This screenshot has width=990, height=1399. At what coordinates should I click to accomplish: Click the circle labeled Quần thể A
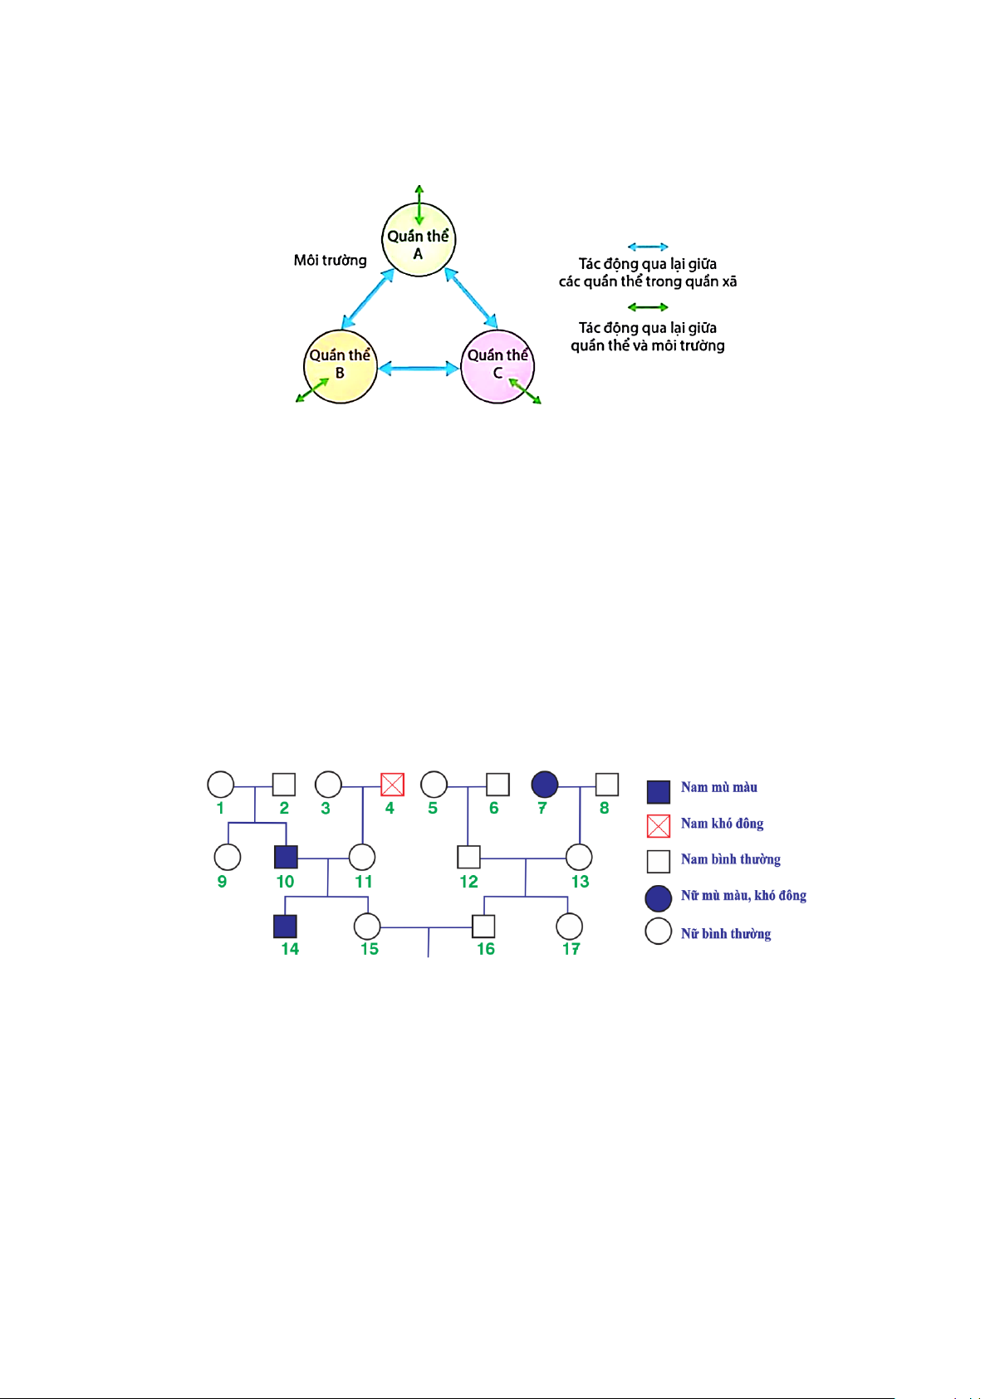[x=419, y=239]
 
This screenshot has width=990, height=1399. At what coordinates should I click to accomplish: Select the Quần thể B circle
[x=341, y=367]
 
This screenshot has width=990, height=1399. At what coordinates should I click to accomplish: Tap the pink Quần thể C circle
[x=497, y=367]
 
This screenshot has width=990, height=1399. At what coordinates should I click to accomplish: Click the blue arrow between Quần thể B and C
[x=419, y=369]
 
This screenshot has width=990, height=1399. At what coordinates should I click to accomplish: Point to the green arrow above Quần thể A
[x=419, y=205]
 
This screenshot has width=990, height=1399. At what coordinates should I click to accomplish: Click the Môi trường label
[x=331, y=260]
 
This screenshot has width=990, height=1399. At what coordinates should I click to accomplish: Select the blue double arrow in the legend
[x=648, y=247]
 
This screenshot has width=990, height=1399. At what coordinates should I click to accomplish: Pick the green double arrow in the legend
[x=648, y=307]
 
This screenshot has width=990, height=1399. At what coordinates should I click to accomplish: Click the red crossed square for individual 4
[x=392, y=785]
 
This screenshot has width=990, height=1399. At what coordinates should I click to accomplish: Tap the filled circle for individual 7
[x=545, y=785]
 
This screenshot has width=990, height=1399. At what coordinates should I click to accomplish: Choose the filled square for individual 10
[x=286, y=857]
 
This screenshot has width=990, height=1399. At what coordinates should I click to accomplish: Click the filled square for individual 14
[x=286, y=927]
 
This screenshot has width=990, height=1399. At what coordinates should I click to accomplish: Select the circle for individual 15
[x=367, y=927]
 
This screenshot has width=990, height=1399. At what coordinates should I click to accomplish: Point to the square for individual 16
[x=483, y=927]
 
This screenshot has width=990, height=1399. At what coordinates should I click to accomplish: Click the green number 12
[x=468, y=881]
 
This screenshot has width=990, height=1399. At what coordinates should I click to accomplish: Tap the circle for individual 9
[x=228, y=857]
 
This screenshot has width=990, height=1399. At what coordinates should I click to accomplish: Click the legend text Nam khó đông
[x=722, y=824]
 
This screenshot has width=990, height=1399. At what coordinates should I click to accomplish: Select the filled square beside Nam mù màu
[x=659, y=792]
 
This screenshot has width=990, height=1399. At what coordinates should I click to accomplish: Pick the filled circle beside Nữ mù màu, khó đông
[x=659, y=898]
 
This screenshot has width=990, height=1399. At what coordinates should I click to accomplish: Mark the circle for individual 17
[x=569, y=927]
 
